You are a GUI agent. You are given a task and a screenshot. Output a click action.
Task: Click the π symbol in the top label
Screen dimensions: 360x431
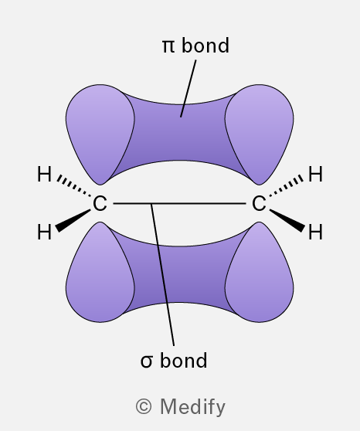pyautogui.click(x=168, y=46)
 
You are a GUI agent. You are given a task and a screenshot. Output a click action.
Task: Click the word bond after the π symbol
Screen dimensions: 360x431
pyautogui.click(x=205, y=45)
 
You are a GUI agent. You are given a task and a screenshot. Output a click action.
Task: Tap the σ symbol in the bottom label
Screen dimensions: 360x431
pyautogui.click(x=146, y=361)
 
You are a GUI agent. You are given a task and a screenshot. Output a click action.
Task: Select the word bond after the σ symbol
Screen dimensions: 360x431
pyautogui.click(x=183, y=360)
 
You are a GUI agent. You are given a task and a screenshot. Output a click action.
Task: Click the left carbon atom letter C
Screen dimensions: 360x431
pyautogui.click(x=100, y=203)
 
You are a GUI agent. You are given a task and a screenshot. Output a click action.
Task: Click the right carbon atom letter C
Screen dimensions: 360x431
pyautogui.click(x=259, y=203)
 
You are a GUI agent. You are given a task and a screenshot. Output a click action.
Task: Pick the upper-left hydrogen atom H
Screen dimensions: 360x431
pyautogui.click(x=44, y=174)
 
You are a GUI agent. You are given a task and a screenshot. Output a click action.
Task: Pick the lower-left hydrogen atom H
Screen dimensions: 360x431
pyautogui.click(x=44, y=232)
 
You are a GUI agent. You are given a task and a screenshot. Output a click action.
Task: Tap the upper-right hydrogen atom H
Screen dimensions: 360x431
pyautogui.click(x=315, y=174)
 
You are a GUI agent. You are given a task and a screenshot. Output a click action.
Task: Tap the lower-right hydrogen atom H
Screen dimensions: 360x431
pyautogui.click(x=315, y=232)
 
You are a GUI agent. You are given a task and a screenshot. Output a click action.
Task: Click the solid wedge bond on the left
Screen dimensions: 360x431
pyautogui.click(x=73, y=221)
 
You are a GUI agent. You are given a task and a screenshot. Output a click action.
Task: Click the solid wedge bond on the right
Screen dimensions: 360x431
pyautogui.click(x=287, y=221)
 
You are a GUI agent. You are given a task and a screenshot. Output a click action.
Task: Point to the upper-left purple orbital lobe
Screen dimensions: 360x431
pyautogui.click(x=100, y=132)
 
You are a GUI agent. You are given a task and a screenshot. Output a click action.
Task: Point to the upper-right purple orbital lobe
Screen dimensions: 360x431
pyautogui.click(x=259, y=132)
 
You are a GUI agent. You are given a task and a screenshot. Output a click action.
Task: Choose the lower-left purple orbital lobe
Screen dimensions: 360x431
pyautogui.click(x=100, y=275)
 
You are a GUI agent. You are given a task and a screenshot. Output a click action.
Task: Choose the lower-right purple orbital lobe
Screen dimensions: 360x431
pyautogui.click(x=259, y=275)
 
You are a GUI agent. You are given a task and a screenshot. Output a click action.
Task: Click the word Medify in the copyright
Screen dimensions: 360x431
pyautogui.click(x=193, y=407)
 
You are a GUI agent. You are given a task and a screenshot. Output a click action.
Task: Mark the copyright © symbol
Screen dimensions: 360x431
pyautogui.click(x=144, y=406)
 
